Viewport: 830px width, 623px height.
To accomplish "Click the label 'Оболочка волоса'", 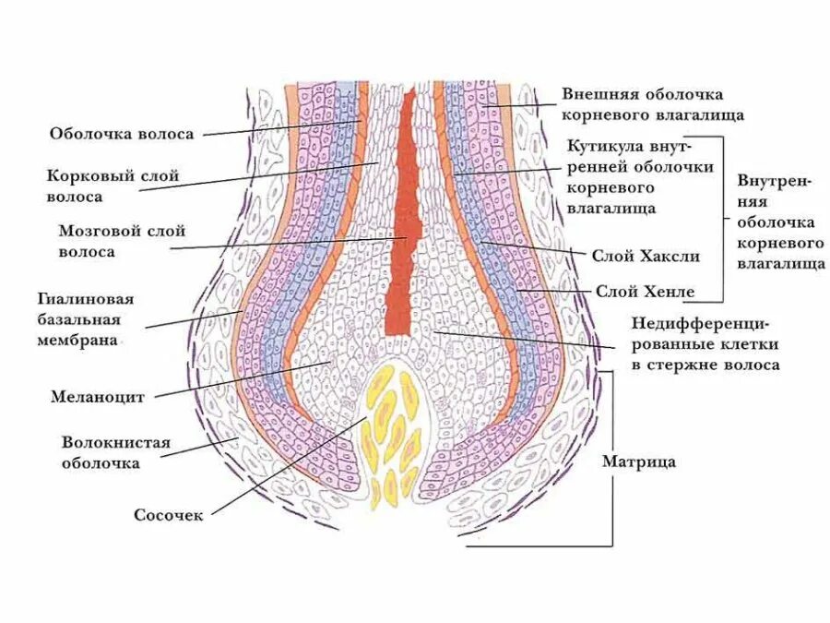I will (x=121, y=134).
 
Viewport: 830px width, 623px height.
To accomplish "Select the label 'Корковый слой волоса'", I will (x=112, y=186).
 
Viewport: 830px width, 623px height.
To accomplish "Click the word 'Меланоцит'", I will (x=96, y=398).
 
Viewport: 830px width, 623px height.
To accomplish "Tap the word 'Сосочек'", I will (x=168, y=515).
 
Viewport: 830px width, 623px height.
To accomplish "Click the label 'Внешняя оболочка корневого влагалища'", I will (x=652, y=105).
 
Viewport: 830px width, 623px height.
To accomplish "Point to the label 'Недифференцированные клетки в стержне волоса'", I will (x=705, y=344).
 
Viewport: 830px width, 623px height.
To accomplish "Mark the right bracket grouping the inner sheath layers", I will (x=722, y=222).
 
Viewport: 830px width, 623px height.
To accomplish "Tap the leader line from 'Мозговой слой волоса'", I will (x=286, y=243).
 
